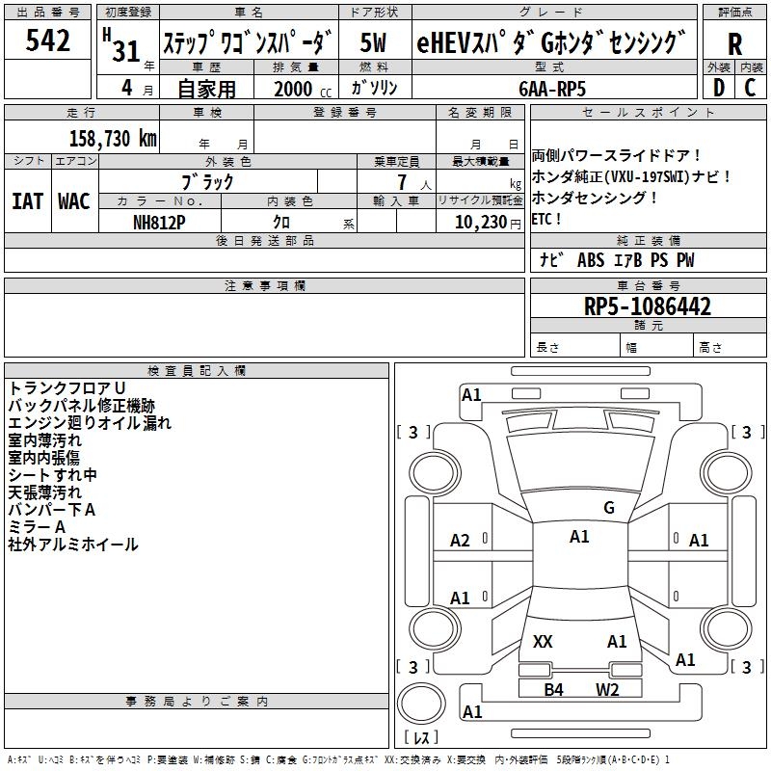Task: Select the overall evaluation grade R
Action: click(734, 44)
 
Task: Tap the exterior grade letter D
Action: click(718, 87)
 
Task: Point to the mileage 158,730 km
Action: click(114, 138)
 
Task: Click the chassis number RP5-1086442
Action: click(649, 306)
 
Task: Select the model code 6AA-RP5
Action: click(550, 88)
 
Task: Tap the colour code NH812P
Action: click(159, 222)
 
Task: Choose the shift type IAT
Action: click(27, 201)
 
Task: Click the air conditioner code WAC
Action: click(74, 201)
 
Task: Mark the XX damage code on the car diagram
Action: click(543, 641)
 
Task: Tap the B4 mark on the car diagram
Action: click(553, 689)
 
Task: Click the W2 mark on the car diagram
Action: click(607, 689)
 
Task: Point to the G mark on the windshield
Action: click(608, 508)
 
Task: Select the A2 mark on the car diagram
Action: click(461, 541)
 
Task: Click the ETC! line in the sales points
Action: click(546, 219)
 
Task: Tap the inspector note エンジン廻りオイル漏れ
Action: click(90, 423)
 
